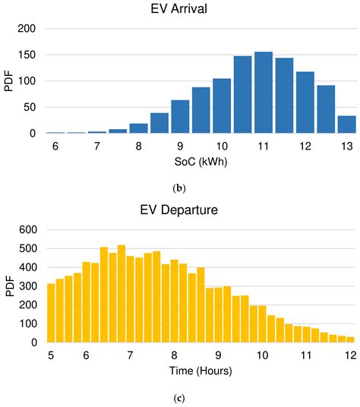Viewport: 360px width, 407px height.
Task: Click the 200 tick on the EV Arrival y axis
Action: [27, 29]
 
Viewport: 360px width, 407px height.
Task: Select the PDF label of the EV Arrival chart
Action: [9, 80]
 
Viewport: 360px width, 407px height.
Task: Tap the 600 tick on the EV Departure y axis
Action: [27, 229]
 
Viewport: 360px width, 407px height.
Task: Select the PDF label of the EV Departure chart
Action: [9, 286]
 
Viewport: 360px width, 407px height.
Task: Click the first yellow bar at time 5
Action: [51, 313]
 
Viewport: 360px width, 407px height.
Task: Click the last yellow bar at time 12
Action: [351, 339]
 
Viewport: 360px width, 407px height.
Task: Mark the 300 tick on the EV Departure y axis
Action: [27, 286]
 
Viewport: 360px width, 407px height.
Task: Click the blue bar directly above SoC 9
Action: [180, 116]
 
